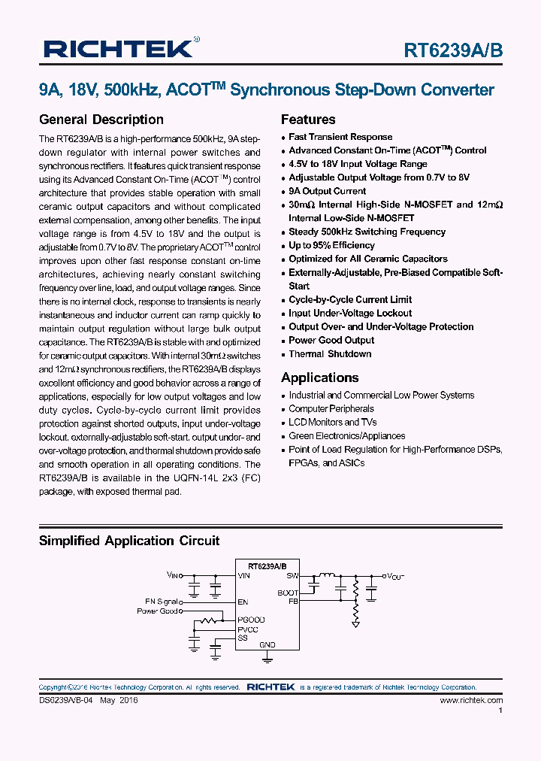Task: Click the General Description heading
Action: tap(101, 120)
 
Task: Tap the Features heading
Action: tap(308, 120)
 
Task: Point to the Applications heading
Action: tap(320, 377)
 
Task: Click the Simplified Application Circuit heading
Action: tap(128, 541)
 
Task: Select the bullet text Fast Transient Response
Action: tap(340, 137)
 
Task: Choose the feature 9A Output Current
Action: tap(328, 191)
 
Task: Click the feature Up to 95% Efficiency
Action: tap(331, 245)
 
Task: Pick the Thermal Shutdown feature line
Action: tap(330, 353)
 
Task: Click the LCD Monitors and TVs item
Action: tap(333, 423)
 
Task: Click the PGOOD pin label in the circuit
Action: tap(251, 620)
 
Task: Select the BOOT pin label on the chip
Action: tap(288, 593)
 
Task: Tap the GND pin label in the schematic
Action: tap(267, 644)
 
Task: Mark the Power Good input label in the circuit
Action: tap(158, 611)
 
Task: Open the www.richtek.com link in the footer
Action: tap(471, 700)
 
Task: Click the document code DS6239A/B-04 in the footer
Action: tap(68, 700)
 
